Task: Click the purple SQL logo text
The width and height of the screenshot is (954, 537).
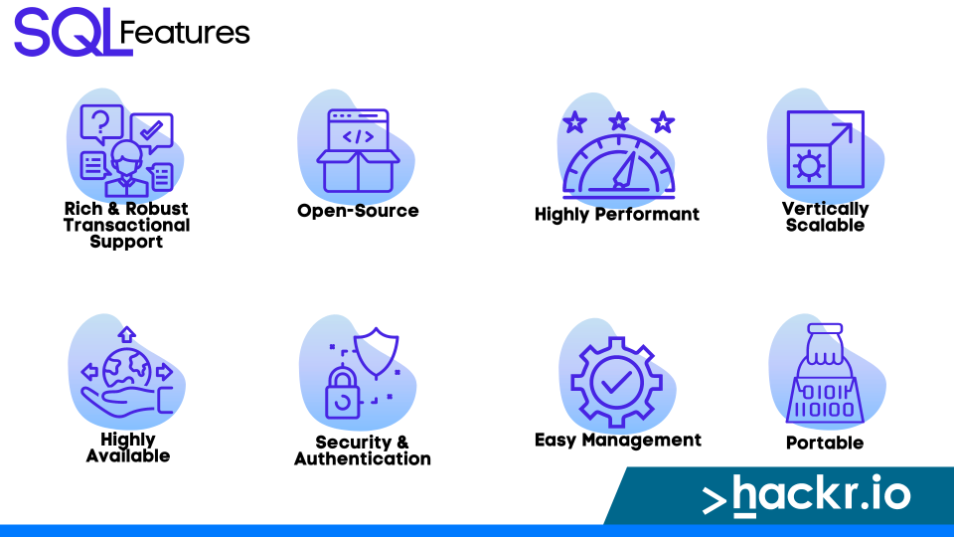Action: point(73,32)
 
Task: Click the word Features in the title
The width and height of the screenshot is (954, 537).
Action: point(185,33)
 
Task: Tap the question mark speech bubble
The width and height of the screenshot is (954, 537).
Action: point(101,124)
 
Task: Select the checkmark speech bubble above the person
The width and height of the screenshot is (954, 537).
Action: point(151,132)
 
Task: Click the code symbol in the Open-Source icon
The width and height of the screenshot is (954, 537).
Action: point(358,137)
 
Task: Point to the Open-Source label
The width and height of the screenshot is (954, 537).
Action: point(358,211)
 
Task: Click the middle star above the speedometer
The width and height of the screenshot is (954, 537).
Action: point(619,121)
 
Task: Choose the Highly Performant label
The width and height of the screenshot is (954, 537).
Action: point(617,215)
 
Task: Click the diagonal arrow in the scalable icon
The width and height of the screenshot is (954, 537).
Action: point(842,133)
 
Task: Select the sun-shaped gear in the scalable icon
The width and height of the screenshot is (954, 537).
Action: point(809,166)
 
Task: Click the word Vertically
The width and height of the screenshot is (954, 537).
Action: point(825,209)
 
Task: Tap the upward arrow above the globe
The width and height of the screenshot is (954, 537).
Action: point(126,334)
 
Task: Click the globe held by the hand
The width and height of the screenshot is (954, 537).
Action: point(127,368)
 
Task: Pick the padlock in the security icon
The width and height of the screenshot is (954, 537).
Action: point(343,393)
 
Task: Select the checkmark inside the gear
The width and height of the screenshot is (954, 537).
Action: point(616,382)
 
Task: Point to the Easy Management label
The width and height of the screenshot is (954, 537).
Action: point(617,440)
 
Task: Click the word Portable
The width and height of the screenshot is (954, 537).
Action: point(825,443)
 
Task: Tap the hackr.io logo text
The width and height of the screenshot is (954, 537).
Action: point(807,495)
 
